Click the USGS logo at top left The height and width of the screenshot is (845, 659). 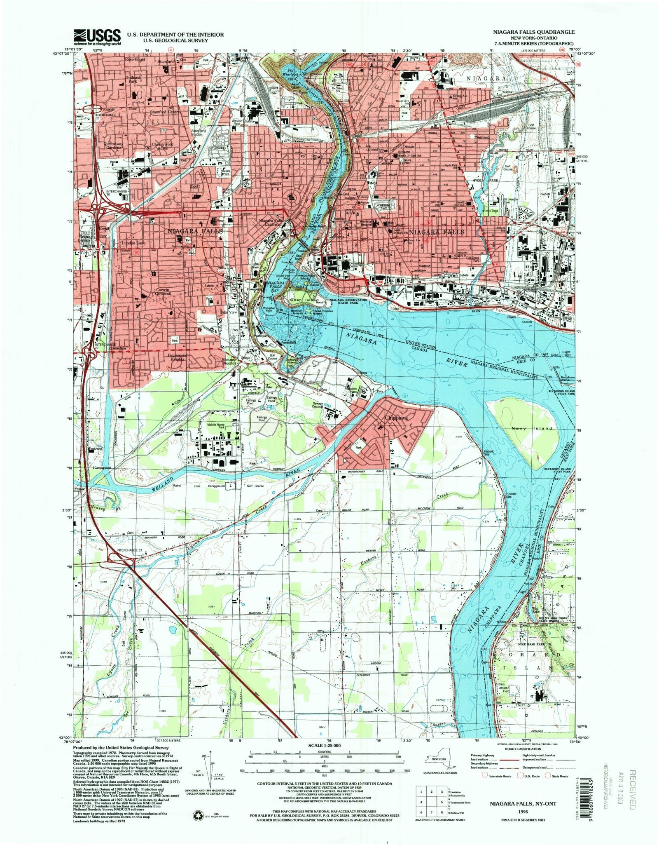97,37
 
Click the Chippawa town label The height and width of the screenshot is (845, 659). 396,418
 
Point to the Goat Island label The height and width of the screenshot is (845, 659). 304,300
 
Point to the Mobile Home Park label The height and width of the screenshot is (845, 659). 217,426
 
